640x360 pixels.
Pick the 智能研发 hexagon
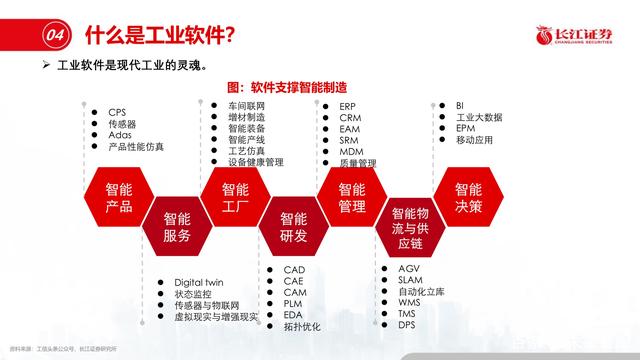pos(294,228)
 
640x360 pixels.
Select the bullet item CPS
pos(118,112)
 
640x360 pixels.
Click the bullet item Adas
pos(120,135)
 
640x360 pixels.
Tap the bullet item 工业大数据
pos(480,117)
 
